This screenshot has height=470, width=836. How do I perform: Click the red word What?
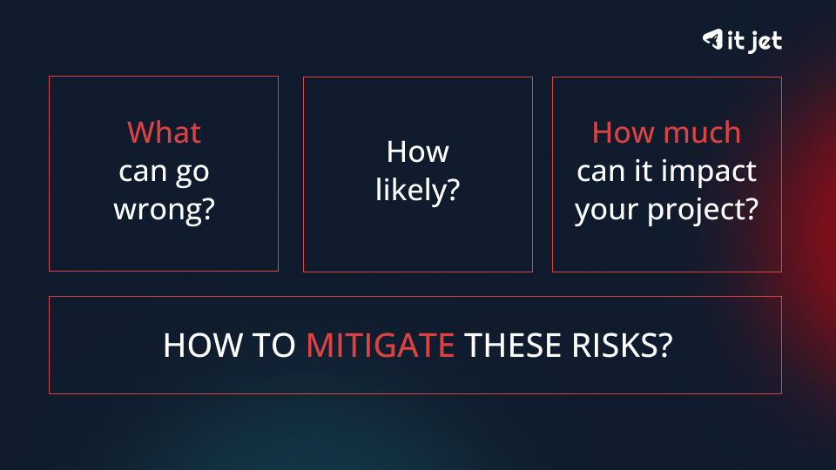click(164, 133)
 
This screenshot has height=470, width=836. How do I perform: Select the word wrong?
click(164, 210)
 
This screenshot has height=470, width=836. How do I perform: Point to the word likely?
click(417, 191)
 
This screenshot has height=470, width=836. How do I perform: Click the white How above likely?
click(417, 152)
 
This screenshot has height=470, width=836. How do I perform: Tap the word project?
click(704, 210)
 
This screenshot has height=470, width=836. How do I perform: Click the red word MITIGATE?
click(380, 346)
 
